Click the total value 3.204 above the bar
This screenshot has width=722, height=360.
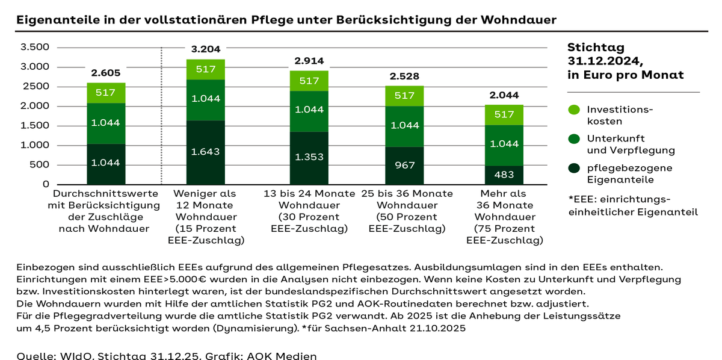[205, 50]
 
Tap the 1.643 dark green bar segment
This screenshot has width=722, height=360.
[205, 153]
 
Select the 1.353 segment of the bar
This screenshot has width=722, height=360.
[309, 157]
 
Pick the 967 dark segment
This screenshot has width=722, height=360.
[404, 165]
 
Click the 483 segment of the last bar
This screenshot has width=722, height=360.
[504, 175]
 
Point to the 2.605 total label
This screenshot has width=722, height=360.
[106, 73]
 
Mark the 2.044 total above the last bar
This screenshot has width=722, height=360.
[504, 95]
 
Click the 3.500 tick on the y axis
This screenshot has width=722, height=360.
[34, 47]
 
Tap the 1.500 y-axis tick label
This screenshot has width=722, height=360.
[34, 126]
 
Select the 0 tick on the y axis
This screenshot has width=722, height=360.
[46, 184]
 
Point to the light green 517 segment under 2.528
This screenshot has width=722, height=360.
[404, 96]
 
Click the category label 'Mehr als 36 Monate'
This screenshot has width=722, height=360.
[504, 194]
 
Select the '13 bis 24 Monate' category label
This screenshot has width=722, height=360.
[309, 194]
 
